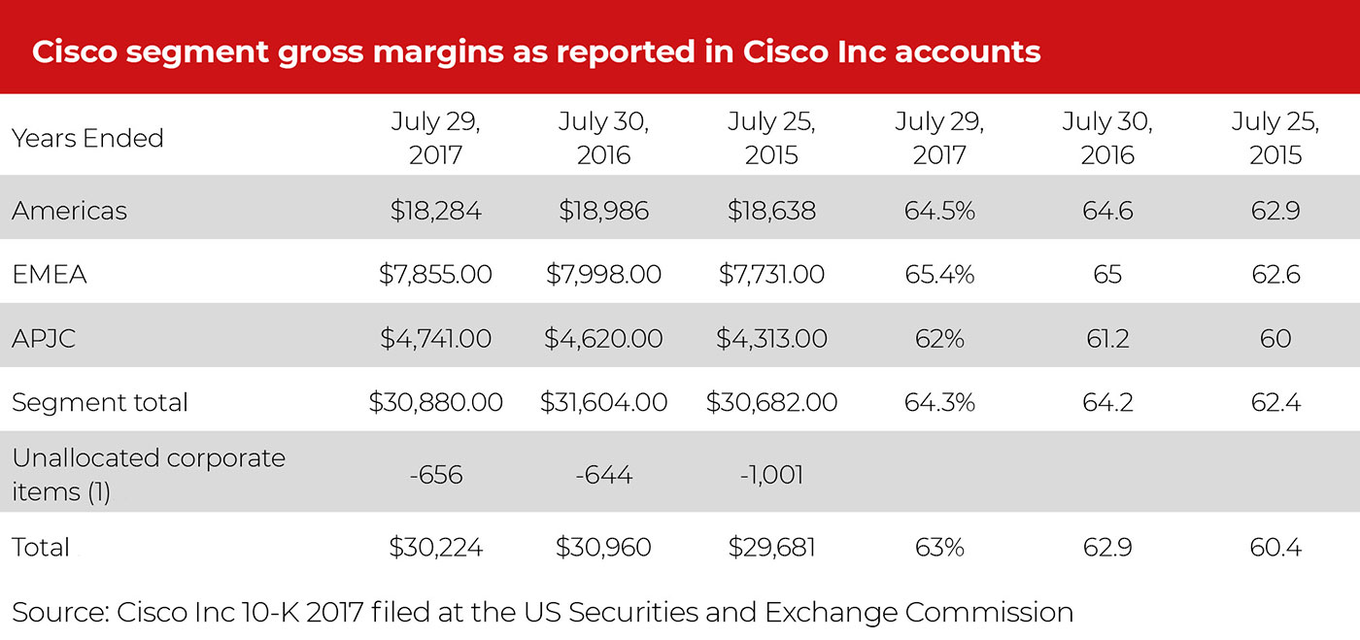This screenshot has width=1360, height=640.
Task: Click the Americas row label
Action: click(69, 211)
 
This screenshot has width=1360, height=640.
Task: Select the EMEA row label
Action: click(50, 275)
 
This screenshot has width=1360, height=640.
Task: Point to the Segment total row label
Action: click(100, 402)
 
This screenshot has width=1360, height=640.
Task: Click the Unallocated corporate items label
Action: click(149, 474)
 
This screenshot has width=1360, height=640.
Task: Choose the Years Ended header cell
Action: click(87, 138)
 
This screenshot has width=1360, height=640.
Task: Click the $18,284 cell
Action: click(435, 211)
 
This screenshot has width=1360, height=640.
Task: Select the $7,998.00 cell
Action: click(603, 275)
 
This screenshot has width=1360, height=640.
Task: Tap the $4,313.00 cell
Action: click(771, 339)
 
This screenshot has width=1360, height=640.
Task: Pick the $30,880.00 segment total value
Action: click(435, 402)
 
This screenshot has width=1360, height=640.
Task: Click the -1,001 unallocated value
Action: click(771, 475)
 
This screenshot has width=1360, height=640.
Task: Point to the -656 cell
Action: click(435, 475)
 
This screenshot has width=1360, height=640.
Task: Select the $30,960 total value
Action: click(603, 548)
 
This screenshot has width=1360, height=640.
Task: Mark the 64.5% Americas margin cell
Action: click(939, 211)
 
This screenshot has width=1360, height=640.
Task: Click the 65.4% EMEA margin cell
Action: click(939, 275)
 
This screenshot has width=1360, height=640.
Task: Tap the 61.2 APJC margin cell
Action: click(1107, 339)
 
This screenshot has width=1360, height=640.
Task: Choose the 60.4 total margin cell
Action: click(1275, 548)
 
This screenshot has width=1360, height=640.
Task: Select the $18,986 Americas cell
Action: click(603, 211)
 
